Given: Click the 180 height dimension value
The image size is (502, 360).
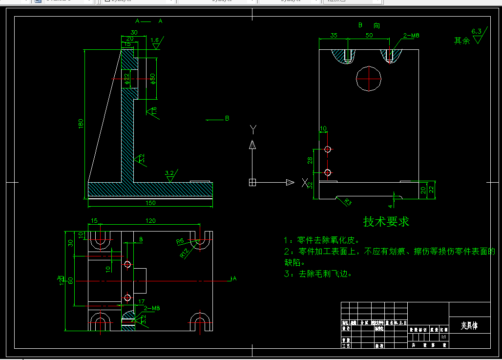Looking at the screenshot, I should (81, 125).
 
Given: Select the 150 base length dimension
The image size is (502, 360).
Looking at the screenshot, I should (150, 203).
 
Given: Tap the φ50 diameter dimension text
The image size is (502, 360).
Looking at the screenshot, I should (152, 78).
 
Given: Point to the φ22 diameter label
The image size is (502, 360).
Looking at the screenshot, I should (126, 78).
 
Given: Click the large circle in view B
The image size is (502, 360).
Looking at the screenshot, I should (369, 78).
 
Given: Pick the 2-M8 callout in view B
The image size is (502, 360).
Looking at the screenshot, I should (411, 36).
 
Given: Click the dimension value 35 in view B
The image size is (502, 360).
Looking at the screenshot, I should (334, 36).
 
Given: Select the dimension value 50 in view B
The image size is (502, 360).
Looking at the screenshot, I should (369, 36).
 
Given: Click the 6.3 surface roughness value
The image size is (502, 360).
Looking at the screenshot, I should (477, 32).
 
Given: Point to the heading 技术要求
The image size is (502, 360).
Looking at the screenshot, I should (386, 221).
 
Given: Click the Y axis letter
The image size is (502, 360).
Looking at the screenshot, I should (253, 129).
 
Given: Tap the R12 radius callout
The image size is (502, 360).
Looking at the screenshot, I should (185, 253).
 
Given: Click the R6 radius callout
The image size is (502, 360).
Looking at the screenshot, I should (180, 241).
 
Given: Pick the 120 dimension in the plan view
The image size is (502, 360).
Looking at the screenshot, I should (150, 221).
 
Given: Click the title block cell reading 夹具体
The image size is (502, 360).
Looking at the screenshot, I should (469, 325).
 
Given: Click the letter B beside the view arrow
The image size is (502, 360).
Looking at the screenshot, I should (227, 118).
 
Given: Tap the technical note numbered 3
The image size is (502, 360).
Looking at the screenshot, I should (317, 274).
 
